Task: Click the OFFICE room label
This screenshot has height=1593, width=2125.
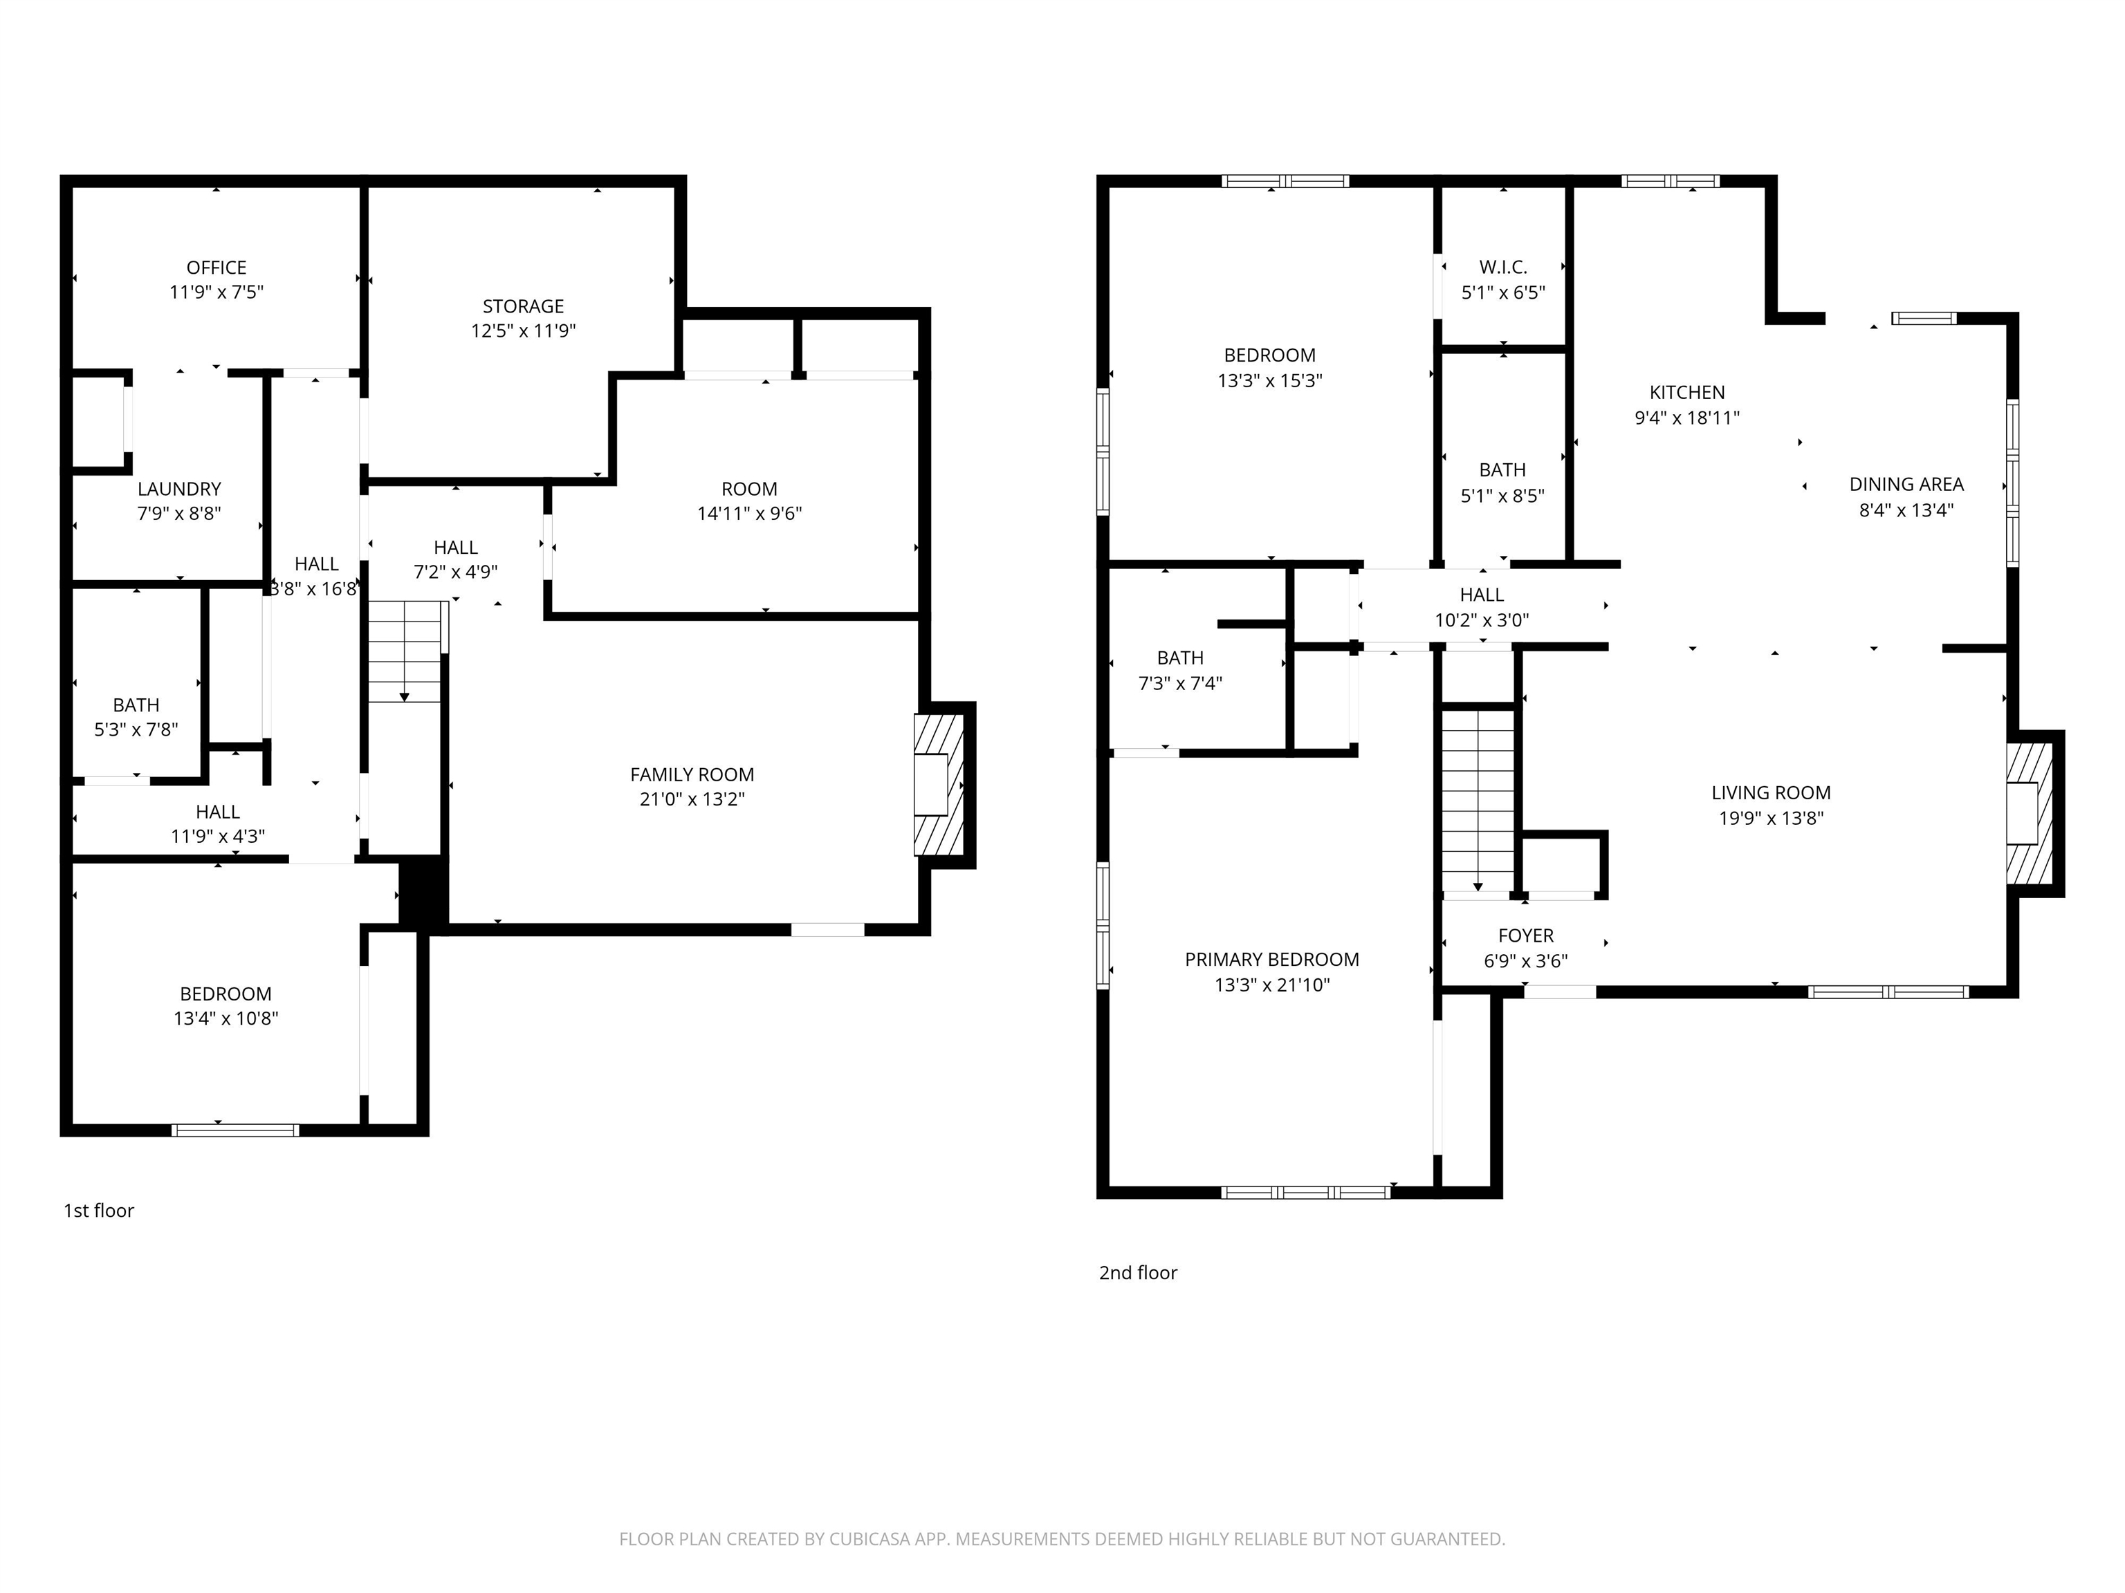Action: coord(216,268)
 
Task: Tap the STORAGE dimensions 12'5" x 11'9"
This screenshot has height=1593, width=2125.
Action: coord(524,331)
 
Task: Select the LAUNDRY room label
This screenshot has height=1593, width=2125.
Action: coord(180,489)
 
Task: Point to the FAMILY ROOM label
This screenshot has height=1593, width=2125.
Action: coord(692,775)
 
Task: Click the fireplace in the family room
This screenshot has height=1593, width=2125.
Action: coord(939,785)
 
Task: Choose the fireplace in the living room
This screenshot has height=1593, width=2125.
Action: coord(2029,812)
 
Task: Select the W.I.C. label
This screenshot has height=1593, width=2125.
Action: coord(1503,267)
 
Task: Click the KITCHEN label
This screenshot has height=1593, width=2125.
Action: coord(1687,393)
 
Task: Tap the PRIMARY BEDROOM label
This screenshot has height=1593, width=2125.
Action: coord(1272,959)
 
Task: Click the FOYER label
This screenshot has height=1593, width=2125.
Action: coord(1525,935)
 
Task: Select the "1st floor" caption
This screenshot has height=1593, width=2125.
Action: coord(99,1211)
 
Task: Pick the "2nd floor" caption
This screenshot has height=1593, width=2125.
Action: coord(1139,1274)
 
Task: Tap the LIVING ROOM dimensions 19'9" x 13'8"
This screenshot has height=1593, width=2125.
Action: coord(1772,818)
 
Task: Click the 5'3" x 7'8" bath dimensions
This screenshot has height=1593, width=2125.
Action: coord(136,729)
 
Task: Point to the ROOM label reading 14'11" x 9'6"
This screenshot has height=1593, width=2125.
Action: coord(749,489)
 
